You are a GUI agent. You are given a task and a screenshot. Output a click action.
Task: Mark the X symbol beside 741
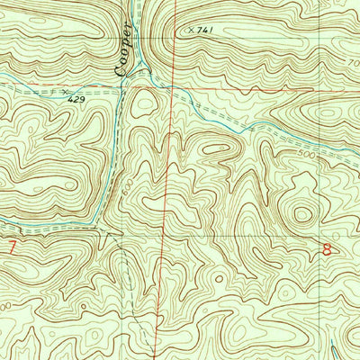pyautogui.click(x=190, y=30)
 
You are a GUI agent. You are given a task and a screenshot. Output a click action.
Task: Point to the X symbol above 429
pyautogui.click(x=64, y=91)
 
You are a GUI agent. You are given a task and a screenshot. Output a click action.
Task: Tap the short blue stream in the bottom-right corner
pyautogui.click(x=334, y=349)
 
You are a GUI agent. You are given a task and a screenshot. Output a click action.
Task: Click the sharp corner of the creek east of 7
pyautogui.click(x=100, y=225)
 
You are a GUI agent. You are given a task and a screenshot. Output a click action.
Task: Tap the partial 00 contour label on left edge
pyautogui.click(x=6, y=307)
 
